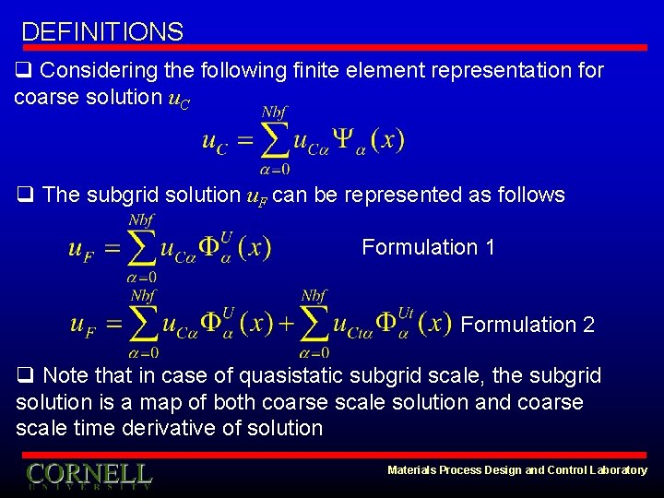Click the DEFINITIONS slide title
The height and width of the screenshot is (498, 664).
102,32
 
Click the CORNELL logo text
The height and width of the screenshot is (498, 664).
89,474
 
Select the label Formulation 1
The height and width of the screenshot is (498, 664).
428,247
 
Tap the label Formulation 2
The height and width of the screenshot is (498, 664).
528,325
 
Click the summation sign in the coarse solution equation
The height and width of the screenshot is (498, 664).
272,141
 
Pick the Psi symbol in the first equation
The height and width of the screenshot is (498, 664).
342,140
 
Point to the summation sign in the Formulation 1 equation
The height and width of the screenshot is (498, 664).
140,248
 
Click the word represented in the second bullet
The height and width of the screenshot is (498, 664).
413,195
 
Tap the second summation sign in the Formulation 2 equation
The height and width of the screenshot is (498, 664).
314,324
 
